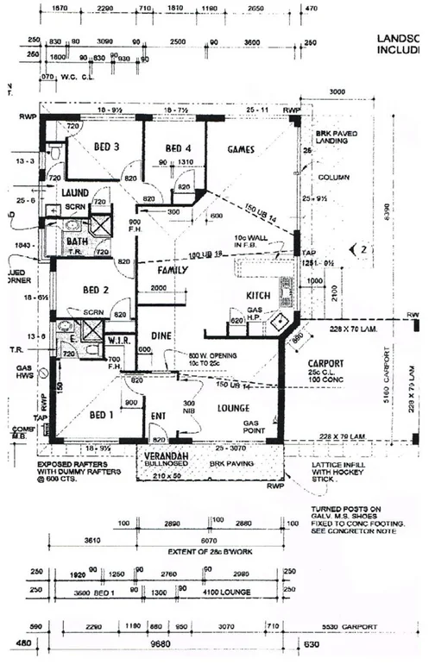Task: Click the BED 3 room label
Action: click(104, 147)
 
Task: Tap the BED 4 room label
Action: click(178, 147)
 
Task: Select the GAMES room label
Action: click(241, 148)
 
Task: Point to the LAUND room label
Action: click(78, 192)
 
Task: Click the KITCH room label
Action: click(259, 296)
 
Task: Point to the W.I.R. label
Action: click(118, 338)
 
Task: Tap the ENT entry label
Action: click(158, 417)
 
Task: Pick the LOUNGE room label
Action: click(234, 407)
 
